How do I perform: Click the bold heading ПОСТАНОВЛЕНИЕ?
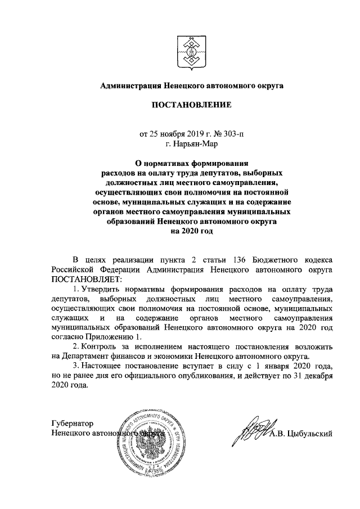(x=190, y=105)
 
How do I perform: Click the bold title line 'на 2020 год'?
(x=190, y=231)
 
